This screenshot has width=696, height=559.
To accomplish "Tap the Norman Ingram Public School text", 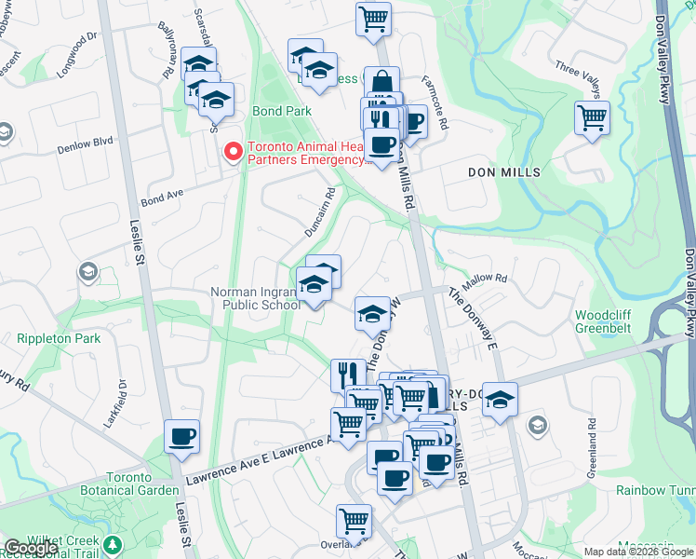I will (x=255, y=298).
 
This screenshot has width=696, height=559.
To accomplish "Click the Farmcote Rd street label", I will (x=435, y=102).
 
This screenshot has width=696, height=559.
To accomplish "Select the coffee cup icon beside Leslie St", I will (x=182, y=435).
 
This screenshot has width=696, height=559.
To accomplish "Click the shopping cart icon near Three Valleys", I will (x=592, y=118).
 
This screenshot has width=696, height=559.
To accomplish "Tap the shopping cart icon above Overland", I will (x=354, y=520).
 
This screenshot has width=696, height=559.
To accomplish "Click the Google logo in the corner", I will (x=31, y=548).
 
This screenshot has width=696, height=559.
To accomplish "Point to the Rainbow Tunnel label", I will (x=655, y=490).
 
